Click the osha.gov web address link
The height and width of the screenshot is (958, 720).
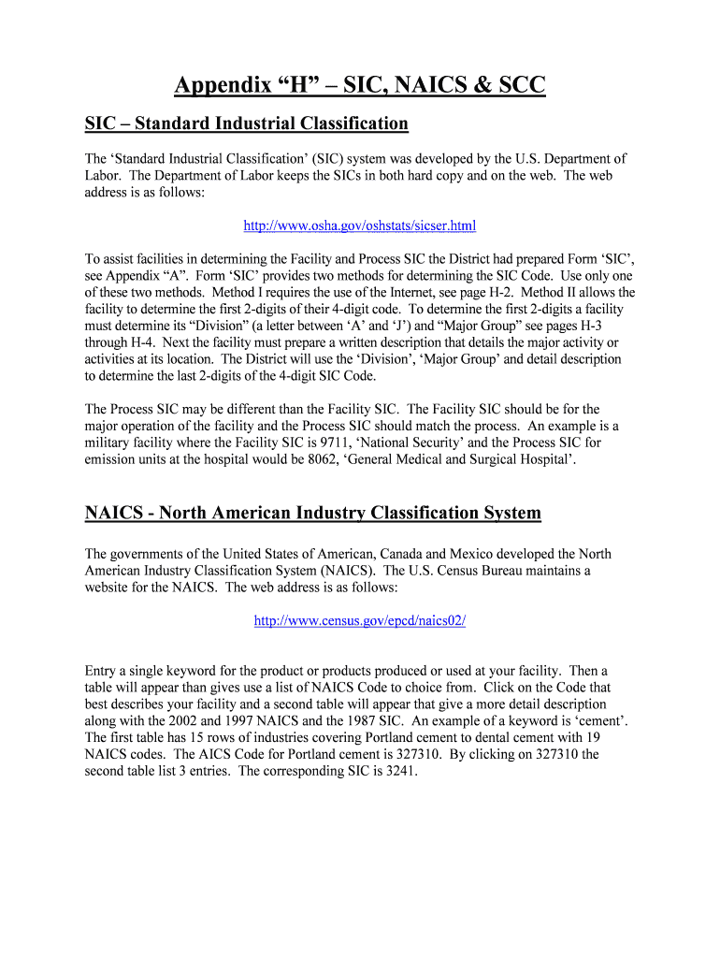coord(359,225)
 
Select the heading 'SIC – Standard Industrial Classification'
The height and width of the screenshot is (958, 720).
coord(247,123)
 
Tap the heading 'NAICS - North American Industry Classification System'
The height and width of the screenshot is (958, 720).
coord(313,513)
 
